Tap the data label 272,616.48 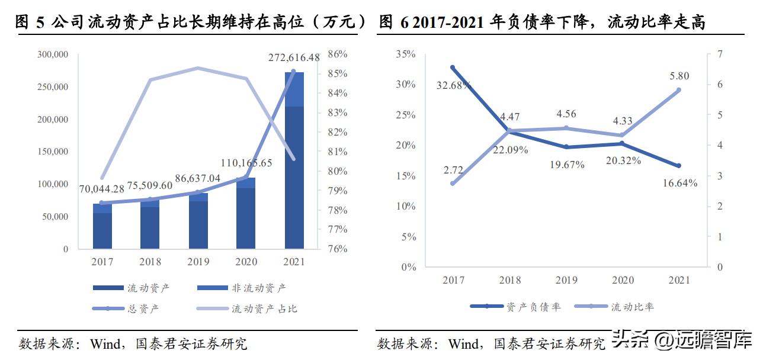(294, 57)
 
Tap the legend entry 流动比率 (632, 307)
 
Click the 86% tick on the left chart (337, 54)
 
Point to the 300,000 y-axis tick (52, 54)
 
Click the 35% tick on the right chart (405, 54)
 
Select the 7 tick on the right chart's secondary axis (720, 54)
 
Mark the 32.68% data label (454, 85)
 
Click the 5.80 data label (679, 76)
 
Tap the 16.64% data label (679, 183)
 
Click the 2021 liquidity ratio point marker (679, 90)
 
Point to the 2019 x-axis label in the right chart (566, 280)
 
